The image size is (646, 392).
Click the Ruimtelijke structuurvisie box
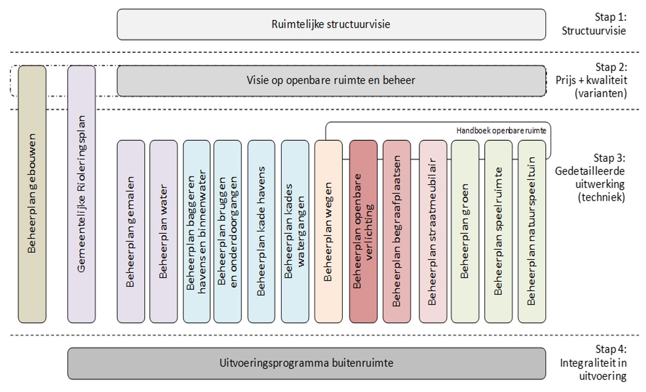pyautogui.click(x=331, y=24)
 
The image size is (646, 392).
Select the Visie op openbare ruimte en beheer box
pyautogui.click(x=331, y=80)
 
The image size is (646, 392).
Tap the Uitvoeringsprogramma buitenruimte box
pyautogui.click(x=306, y=363)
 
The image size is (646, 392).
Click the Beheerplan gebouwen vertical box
pyautogui.click(x=32, y=194)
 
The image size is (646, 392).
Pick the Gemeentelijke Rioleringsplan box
pyautogui.click(x=81, y=194)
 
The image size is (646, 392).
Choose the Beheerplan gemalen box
pyautogui.click(x=131, y=232)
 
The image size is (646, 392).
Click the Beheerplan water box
pyautogui.click(x=163, y=232)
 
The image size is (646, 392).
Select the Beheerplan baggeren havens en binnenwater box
pyautogui.click(x=196, y=232)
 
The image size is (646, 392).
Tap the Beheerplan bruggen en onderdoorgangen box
pyautogui.click(x=227, y=232)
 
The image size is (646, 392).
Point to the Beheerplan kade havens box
pyautogui.click(x=261, y=232)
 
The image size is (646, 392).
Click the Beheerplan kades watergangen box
pyautogui.click(x=295, y=232)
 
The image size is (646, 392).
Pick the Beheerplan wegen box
pyautogui.click(x=328, y=232)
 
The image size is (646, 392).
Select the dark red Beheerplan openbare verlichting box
pyautogui.click(x=363, y=232)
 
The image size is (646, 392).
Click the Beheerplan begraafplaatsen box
pyautogui.click(x=396, y=232)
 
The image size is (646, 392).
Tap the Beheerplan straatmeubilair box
pyautogui.click(x=432, y=232)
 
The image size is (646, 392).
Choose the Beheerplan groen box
pyautogui.click(x=465, y=232)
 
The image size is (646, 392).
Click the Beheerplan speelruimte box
pyautogui.click(x=498, y=232)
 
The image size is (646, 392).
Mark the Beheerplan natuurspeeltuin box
pyautogui.click(x=532, y=232)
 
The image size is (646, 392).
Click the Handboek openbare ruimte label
pyautogui.click(x=501, y=131)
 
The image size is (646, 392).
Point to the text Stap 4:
pyautogui.click(x=611, y=349)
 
